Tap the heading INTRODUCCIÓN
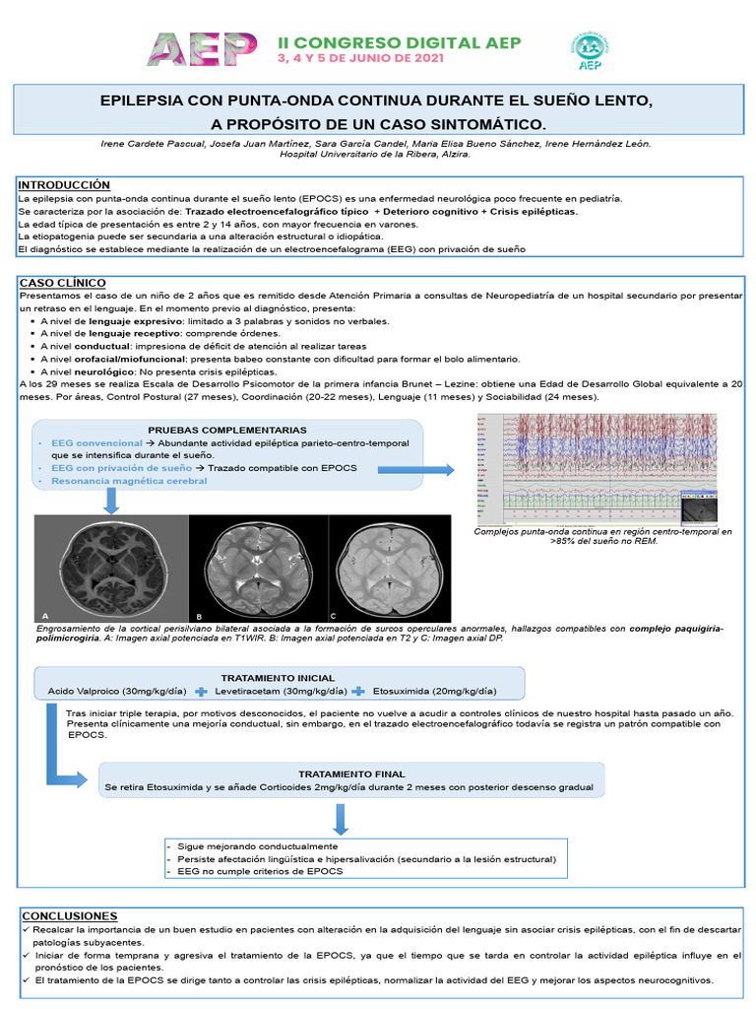[x=65, y=185]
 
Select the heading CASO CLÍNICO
[x=62, y=283]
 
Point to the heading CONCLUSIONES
[x=69, y=915]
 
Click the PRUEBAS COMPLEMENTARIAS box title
[x=227, y=430]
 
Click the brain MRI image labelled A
[x=110, y=568]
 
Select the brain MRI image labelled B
[x=256, y=568]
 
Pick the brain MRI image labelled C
[x=397, y=568]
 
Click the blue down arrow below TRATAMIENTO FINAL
[x=341, y=819]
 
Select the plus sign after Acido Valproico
[x=201, y=691]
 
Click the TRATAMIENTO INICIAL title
[x=278, y=678]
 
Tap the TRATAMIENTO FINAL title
[x=351, y=774]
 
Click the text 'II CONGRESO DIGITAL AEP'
[x=400, y=42]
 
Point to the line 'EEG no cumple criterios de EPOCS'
[x=260, y=872]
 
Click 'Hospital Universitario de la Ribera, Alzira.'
[x=375, y=155]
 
